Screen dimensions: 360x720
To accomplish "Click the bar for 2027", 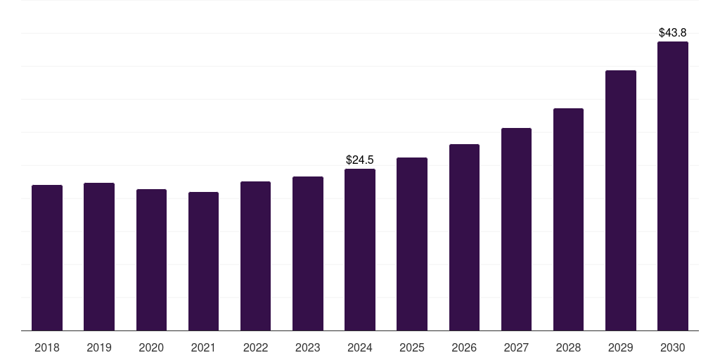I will coord(516,229).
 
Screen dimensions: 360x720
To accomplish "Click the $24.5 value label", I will coord(360,160).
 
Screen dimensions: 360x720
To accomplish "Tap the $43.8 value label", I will coord(672,32).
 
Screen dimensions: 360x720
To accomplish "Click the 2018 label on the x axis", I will coord(47,347).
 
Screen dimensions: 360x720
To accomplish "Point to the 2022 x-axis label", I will coord(255,347).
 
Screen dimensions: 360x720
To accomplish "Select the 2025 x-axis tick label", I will coord(412,347).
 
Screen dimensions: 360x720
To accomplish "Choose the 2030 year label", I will coord(672,347).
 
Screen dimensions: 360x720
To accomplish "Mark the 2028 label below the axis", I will coord(568,347).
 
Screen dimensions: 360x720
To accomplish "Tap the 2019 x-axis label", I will coord(99,347).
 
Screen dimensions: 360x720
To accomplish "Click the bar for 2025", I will coord(412,244).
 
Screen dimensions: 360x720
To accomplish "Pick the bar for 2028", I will coord(568,219).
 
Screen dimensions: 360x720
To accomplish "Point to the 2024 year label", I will coord(360,347).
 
